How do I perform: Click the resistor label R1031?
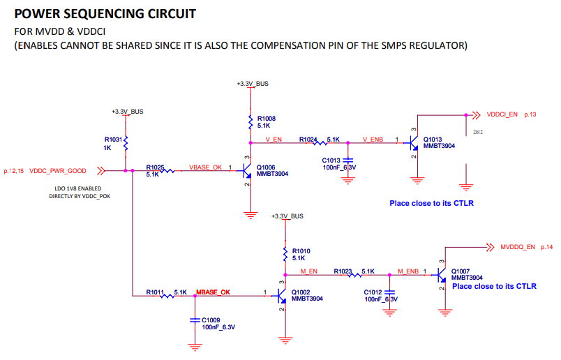114,140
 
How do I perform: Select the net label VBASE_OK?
205,167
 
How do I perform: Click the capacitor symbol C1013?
347,162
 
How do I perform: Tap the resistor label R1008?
267,119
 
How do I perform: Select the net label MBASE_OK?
213,292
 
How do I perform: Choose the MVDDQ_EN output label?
517,247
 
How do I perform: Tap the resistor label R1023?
343,270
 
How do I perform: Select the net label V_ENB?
373,140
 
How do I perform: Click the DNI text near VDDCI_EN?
478,132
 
